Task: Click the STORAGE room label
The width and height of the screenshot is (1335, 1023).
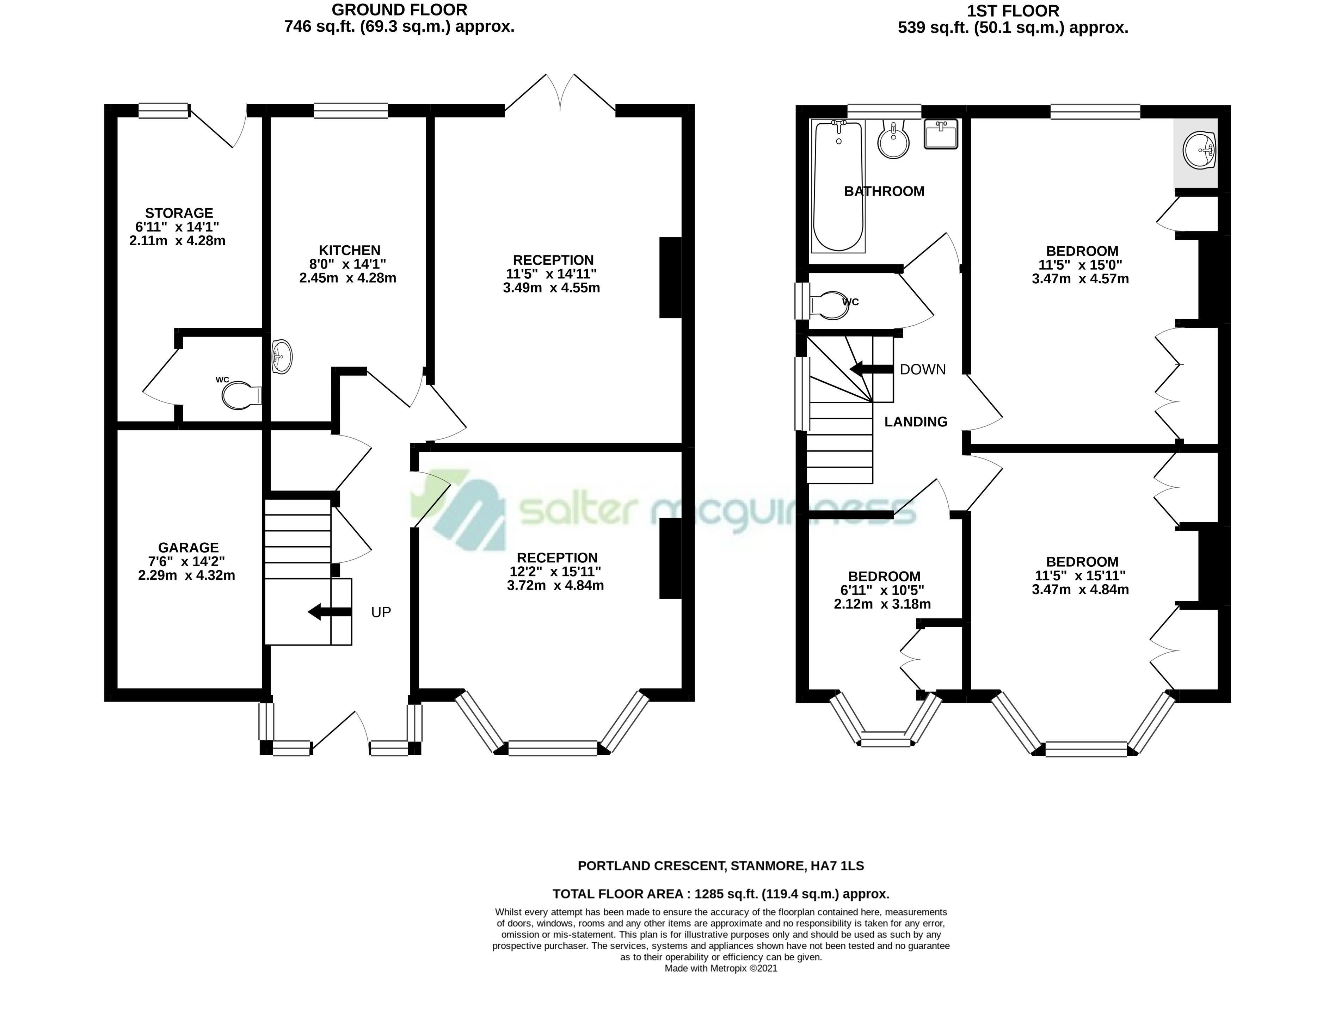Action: point(179,213)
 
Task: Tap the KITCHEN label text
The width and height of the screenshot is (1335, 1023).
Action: point(350,250)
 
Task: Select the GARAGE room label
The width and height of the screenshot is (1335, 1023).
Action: point(188,547)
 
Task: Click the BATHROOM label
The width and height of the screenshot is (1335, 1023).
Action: point(884,191)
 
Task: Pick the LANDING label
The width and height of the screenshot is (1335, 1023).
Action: point(916,421)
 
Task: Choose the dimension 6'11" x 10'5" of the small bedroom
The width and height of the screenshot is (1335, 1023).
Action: point(884,590)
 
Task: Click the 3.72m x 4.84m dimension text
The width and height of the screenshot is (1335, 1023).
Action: point(555,586)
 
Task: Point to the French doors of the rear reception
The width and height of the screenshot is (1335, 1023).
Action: point(560,93)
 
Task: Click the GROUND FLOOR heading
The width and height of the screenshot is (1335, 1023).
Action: point(400,10)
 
